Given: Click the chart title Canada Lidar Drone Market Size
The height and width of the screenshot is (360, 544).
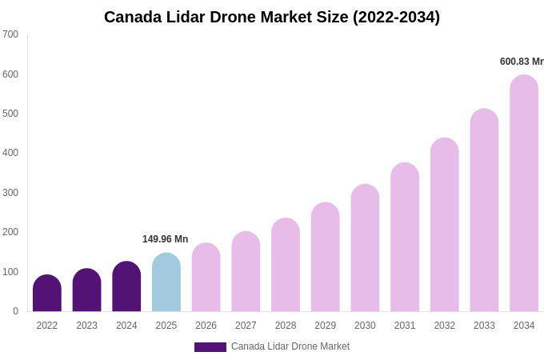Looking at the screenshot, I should click(272, 17).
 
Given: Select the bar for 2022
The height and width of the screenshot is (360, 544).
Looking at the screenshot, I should click(47, 294).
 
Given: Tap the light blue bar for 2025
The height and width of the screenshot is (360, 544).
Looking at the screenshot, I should click(166, 282).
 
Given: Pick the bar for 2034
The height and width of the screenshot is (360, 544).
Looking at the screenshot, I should click(524, 194).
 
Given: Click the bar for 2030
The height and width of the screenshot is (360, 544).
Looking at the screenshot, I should click(365, 248).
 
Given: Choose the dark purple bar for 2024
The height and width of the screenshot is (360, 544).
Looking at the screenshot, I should click(126, 286).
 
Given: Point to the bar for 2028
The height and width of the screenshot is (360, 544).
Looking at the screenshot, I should click(286, 265).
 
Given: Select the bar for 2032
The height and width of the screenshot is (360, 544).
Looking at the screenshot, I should click(444, 225).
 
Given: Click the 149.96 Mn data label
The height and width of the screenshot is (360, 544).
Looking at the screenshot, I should click(165, 239).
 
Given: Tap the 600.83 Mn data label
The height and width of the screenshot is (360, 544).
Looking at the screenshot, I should click(521, 62).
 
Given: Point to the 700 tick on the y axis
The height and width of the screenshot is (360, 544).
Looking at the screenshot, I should click(10, 34).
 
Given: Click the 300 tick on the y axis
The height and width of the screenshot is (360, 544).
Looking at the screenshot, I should click(10, 193).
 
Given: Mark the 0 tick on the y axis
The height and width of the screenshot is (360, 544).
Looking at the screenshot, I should click(15, 311).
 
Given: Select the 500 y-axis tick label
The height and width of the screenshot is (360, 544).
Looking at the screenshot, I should click(10, 114).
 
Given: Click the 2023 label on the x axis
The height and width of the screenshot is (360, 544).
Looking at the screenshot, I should click(86, 326).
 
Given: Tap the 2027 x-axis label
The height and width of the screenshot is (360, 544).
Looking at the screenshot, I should click(246, 326).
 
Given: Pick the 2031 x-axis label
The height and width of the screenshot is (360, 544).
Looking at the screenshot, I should click(405, 326).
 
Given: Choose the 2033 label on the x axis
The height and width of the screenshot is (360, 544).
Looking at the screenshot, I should click(484, 326).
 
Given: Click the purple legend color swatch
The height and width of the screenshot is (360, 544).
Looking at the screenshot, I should click(210, 347).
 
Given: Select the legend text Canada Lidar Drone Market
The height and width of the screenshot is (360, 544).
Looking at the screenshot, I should click(290, 346).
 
